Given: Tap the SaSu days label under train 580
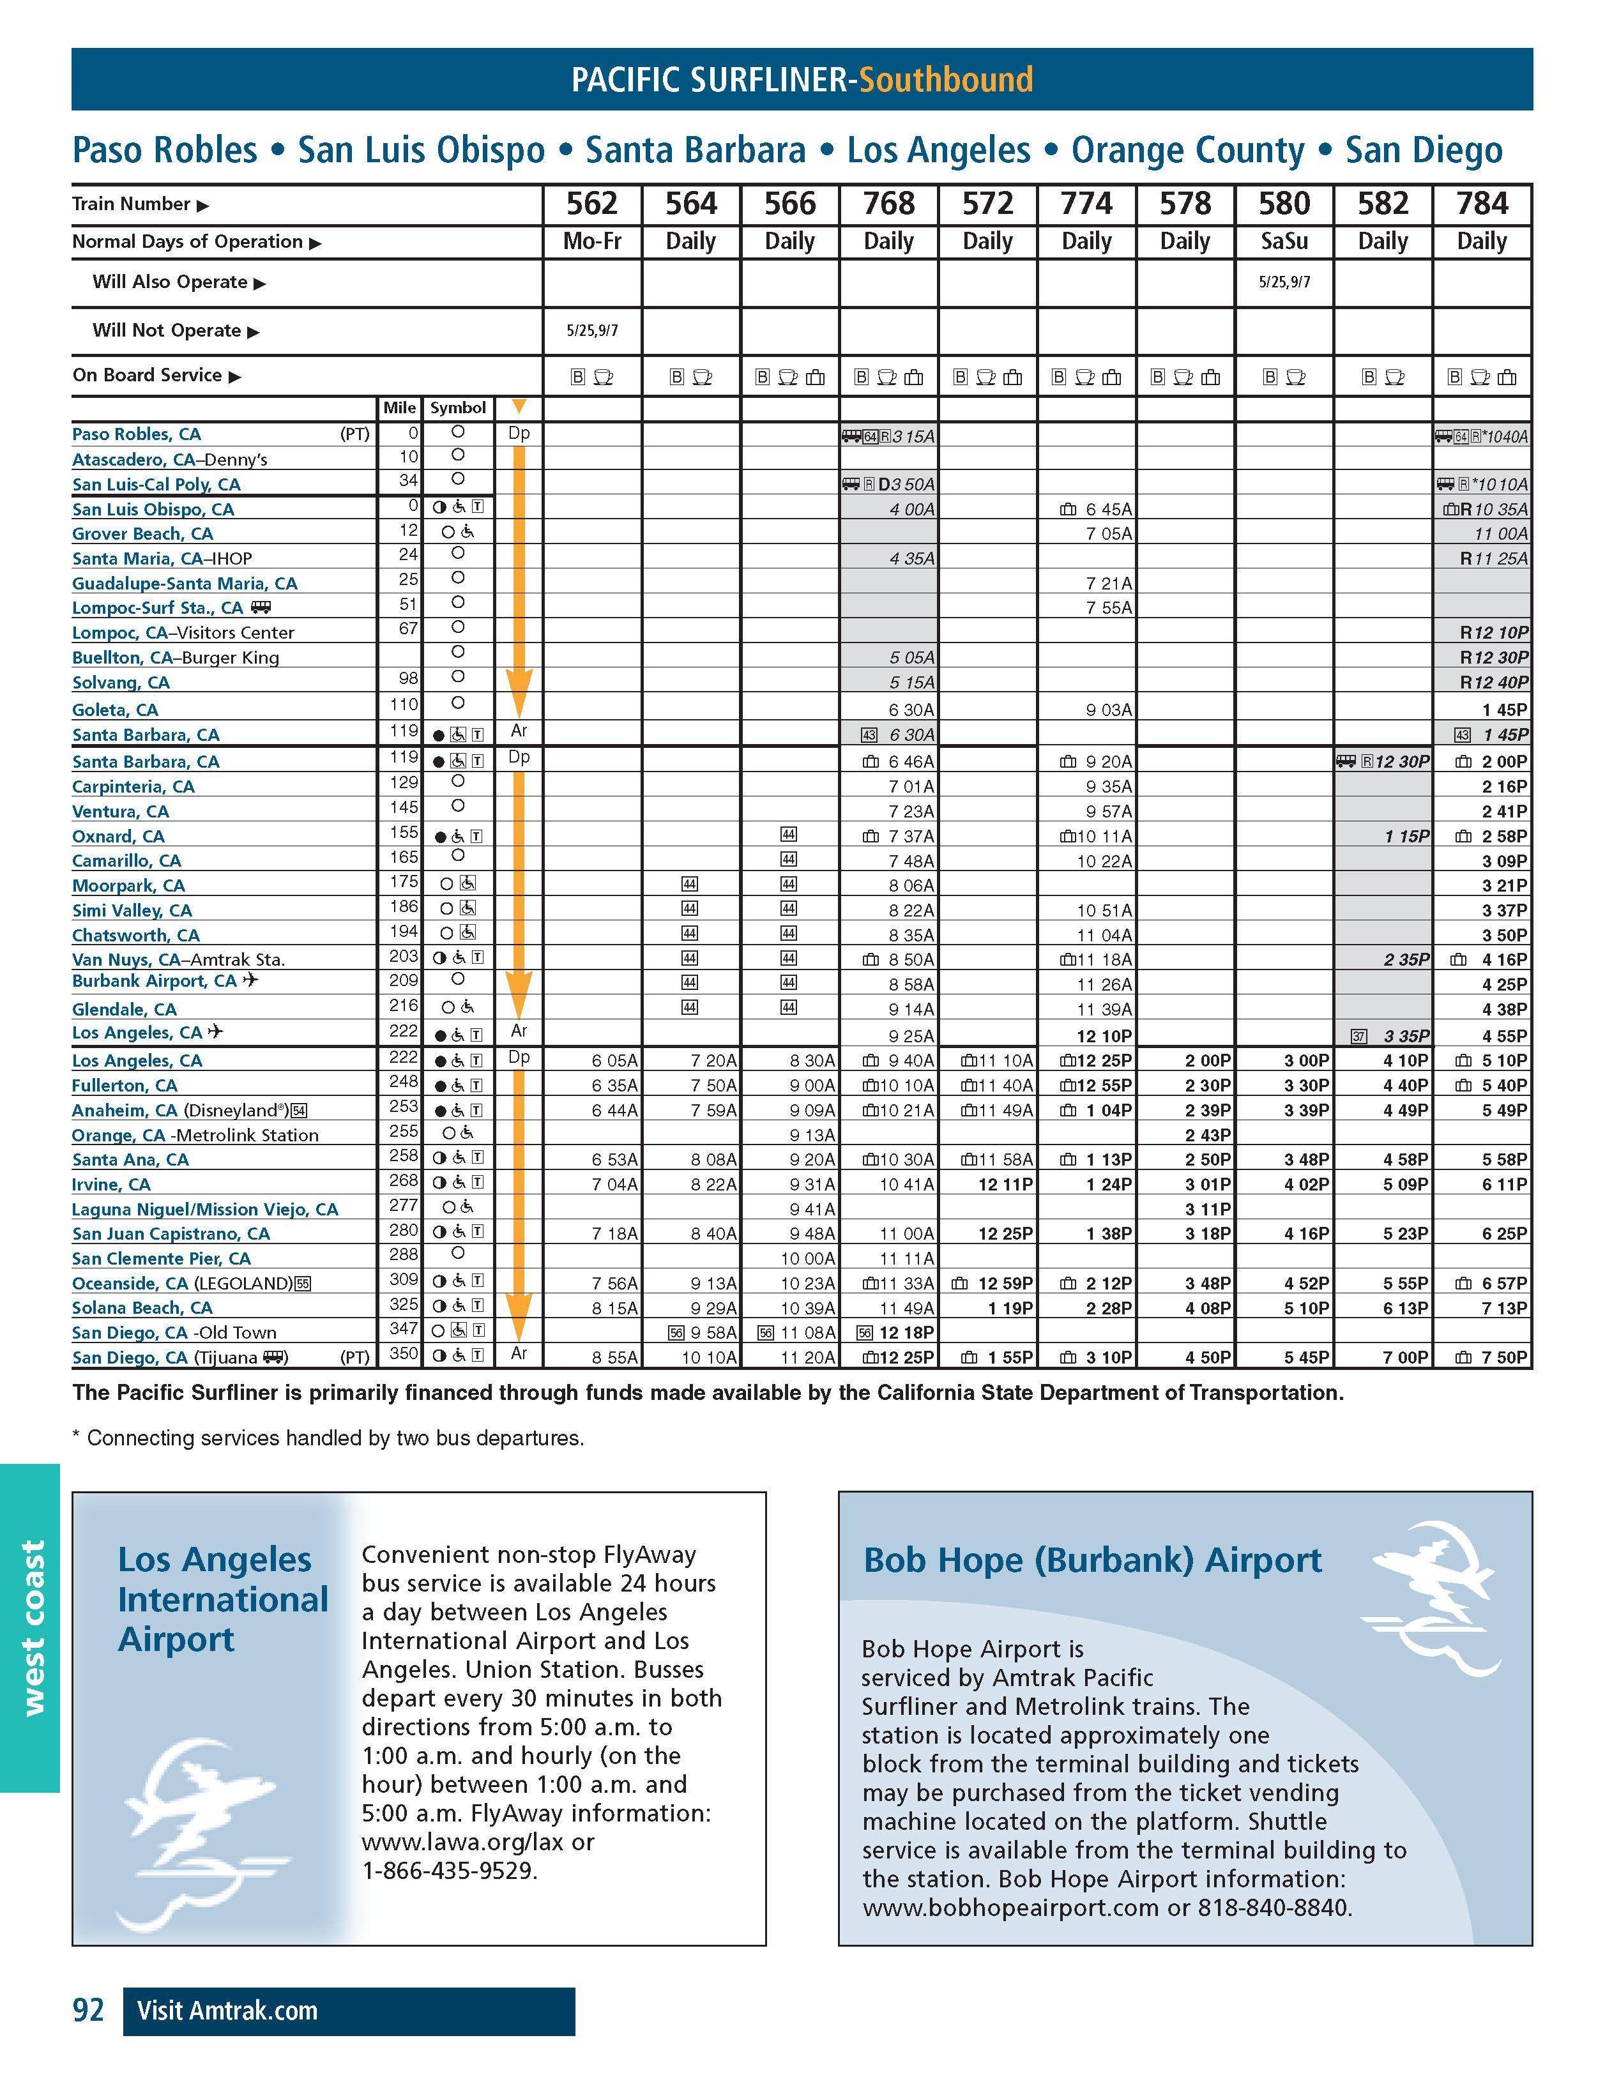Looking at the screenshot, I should point(1284,241).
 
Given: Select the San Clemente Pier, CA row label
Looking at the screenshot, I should point(161,1259).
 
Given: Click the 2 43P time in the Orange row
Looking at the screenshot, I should point(1208,1134).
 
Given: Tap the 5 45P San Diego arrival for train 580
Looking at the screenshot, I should point(1306,1357).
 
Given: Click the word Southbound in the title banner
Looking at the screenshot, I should point(946,79).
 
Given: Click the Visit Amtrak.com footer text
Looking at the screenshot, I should point(227,2011).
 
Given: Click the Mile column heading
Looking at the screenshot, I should point(399,408).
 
